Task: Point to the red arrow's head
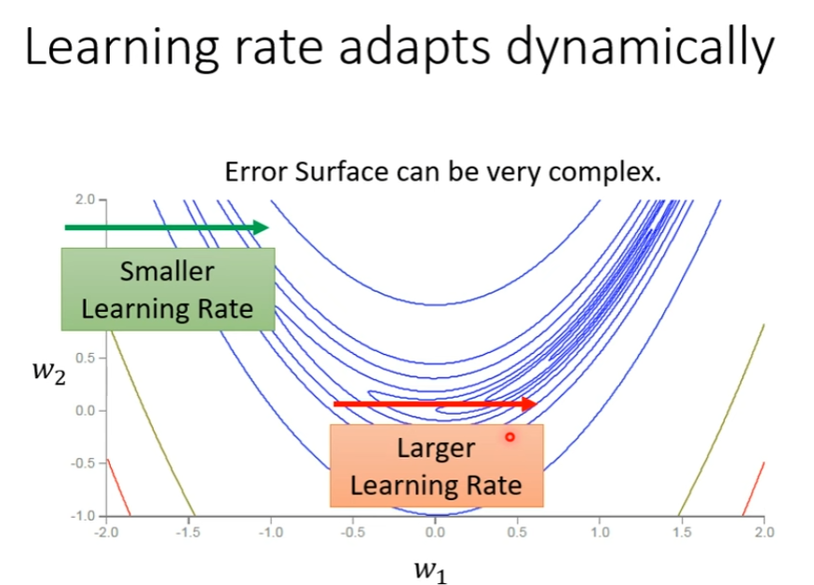[x=530, y=403]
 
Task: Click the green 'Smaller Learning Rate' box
[x=168, y=289]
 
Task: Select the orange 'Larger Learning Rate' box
[x=436, y=465]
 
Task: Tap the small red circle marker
[x=509, y=436]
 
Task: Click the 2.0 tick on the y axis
[x=86, y=199]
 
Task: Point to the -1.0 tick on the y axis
[x=84, y=515]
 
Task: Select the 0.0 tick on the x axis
[x=435, y=533]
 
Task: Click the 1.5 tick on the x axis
[x=682, y=533]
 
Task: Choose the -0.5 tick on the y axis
[x=84, y=463]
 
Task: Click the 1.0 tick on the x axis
[x=600, y=533]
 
